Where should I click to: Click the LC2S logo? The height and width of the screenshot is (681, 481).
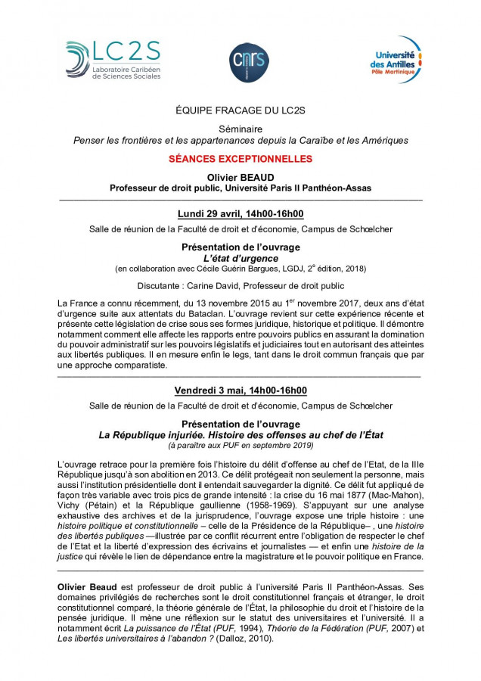(113, 59)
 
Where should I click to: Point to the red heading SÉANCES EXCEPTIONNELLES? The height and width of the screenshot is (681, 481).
(240, 160)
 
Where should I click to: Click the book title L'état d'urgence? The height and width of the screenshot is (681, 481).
(240, 258)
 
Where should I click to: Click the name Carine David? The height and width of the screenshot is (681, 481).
(222, 285)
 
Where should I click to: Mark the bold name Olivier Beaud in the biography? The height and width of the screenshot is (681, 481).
(85, 586)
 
